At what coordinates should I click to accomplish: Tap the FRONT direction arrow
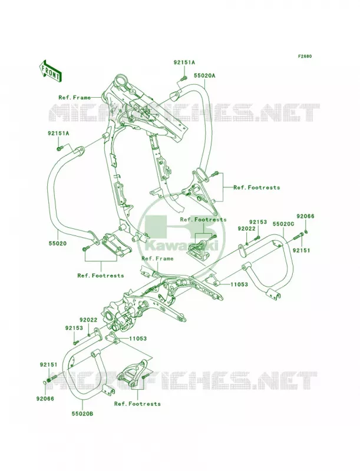(50, 71)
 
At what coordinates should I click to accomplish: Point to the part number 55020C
(283, 224)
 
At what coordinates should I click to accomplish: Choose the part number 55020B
(82, 414)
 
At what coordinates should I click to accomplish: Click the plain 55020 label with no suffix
(58, 244)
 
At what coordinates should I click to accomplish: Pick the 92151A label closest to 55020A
(184, 62)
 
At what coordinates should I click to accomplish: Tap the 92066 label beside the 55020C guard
(305, 216)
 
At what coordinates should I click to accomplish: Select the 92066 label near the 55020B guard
(45, 399)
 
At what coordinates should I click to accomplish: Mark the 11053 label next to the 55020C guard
(239, 284)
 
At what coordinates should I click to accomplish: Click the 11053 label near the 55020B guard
(138, 339)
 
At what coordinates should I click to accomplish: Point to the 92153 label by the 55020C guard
(258, 222)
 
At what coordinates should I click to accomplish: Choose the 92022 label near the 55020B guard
(88, 320)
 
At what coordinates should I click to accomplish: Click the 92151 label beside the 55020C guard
(302, 250)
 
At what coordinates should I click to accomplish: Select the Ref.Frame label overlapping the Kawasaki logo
(157, 258)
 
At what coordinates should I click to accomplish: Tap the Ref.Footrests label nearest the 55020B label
(137, 404)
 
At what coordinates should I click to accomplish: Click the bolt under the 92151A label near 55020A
(184, 78)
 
